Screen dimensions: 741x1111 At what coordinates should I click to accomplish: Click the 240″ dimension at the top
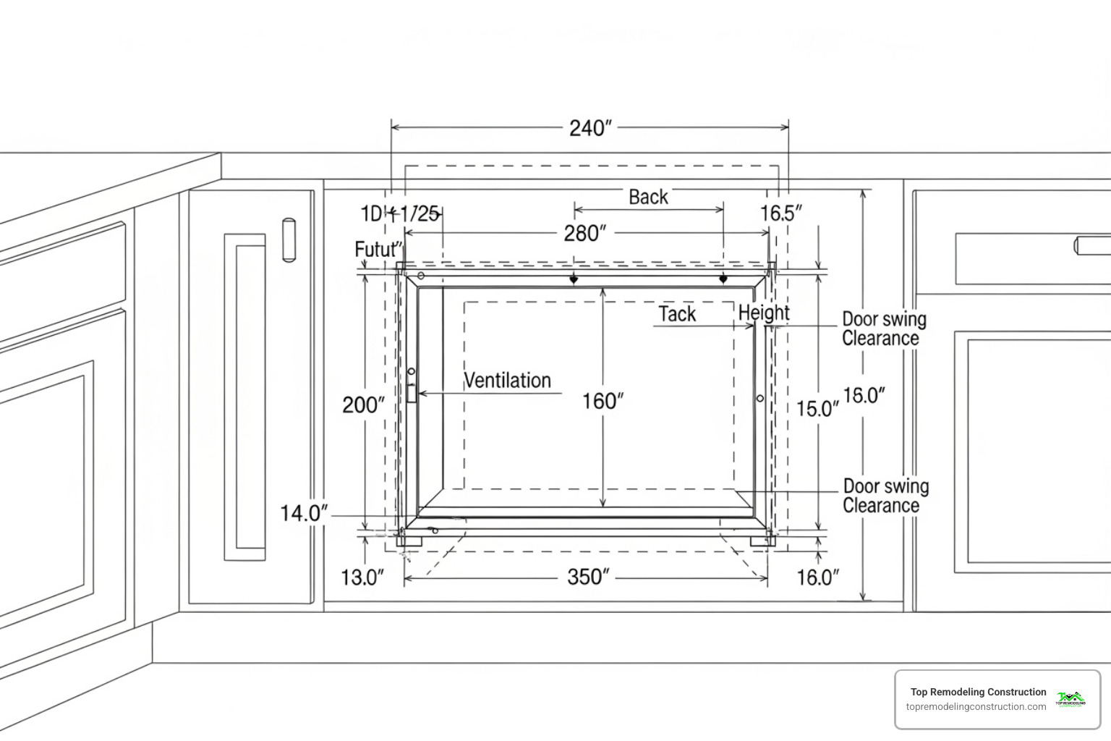click(590, 128)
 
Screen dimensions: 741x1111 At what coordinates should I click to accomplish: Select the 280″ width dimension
click(584, 233)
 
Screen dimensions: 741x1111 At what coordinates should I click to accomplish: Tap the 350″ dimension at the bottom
click(588, 577)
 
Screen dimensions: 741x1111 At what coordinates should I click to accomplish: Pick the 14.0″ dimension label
click(304, 513)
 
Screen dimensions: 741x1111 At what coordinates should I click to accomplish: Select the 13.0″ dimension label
click(362, 577)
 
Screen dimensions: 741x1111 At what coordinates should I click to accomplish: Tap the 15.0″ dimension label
click(817, 409)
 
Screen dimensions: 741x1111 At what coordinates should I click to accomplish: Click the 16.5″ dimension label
click(781, 213)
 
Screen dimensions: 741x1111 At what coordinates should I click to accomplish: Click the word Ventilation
click(507, 380)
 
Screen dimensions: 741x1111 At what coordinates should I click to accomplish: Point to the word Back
click(648, 197)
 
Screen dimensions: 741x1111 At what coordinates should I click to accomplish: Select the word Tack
click(677, 314)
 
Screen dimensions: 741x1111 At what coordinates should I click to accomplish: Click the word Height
click(764, 313)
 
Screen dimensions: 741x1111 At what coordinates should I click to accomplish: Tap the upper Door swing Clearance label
click(883, 329)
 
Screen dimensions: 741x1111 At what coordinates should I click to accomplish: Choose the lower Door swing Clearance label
click(885, 496)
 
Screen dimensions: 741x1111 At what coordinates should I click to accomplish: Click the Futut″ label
click(378, 250)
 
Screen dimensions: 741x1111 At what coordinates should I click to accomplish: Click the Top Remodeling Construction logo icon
click(1070, 699)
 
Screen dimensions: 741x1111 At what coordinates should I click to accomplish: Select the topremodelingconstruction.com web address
click(976, 707)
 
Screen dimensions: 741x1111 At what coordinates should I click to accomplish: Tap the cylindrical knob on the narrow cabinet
click(289, 239)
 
